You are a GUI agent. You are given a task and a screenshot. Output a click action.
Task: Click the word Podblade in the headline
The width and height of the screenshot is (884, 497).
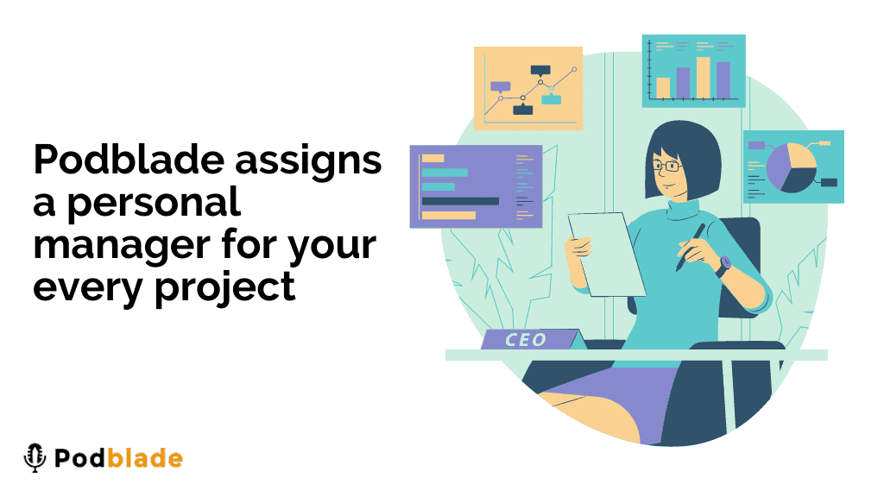[129, 160]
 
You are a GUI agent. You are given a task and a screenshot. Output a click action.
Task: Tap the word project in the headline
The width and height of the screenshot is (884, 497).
[225, 288]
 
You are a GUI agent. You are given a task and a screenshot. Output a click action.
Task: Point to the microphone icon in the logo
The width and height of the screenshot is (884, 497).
[35, 457]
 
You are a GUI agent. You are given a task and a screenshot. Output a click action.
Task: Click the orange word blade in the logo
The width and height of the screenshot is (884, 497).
[145, 458]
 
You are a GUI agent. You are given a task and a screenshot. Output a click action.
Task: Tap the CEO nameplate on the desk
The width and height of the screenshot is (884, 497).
[530, 339]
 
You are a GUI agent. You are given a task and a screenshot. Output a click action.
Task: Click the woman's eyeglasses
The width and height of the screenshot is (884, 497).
[667, 166]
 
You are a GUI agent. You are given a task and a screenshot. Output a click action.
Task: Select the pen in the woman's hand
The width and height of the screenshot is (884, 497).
[691, 248]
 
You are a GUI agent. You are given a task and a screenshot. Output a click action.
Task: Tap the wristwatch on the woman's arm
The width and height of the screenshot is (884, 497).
[723, 265]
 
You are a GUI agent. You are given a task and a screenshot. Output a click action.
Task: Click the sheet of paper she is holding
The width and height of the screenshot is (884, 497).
[606, 254]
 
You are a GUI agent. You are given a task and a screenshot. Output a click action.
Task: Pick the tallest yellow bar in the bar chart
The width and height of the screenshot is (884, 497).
[703, 78]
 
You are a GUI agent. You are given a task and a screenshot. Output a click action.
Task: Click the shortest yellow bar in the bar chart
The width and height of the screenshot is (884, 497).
[663, 89]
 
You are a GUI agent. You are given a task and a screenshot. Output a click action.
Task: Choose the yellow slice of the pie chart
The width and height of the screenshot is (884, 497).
[801, 156]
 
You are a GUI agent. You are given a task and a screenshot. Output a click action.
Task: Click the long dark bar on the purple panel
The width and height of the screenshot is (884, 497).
[460, 201]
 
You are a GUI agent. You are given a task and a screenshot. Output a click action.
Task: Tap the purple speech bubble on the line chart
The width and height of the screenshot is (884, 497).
[501, 87]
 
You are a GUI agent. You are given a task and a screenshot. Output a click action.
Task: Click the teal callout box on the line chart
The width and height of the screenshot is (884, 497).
[552, 99]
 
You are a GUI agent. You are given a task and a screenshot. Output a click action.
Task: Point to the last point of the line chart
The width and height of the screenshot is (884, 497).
[574, 69]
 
